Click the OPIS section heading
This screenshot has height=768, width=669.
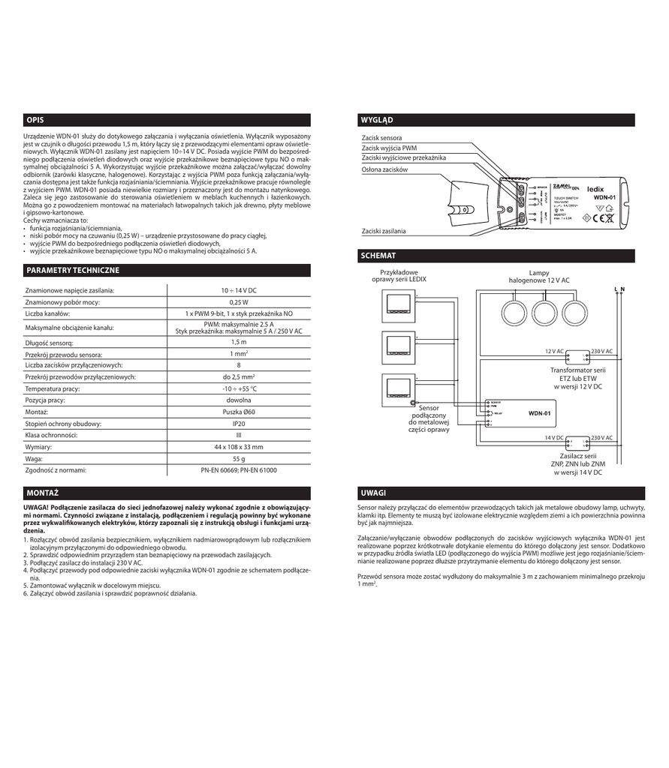(x=35, y=120)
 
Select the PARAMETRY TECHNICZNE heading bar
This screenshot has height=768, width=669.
(x=72, y=270)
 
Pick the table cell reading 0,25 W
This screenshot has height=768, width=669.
(x=239, y=301)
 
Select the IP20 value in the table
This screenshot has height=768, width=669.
(x=239, y=423)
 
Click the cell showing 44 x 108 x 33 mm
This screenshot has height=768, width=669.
(x=239, y=446)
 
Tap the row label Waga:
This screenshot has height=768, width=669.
(x=35, y=458)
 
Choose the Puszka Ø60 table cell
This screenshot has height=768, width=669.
(x=239, y=412)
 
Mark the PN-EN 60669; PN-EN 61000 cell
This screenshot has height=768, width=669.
(x=239, y=470)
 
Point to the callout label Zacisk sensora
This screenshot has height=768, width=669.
(x=381, y=138)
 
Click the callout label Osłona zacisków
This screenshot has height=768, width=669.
(x=384, y=170)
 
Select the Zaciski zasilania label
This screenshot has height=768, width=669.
(x=384, y=232)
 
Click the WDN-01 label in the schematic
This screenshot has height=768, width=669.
(x=539, y=413)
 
